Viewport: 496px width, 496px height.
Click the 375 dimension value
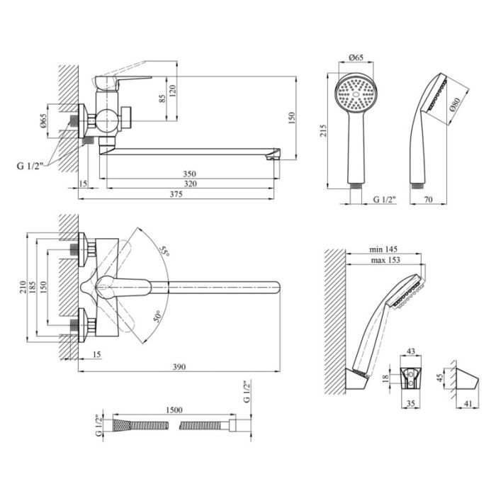tap(176, 194)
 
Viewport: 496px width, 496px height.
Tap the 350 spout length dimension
tap(189, 174)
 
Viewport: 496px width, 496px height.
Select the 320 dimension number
tap(190, 184)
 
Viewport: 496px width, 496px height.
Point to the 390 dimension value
tap(179, 367)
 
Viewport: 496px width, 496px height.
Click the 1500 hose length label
tap(174, 410)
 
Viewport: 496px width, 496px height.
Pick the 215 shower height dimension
tap(323, 130)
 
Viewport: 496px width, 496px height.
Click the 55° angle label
tap(164, 251)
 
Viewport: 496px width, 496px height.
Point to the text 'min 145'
tap(383, 249)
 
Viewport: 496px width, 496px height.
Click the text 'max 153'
tap(385, 260)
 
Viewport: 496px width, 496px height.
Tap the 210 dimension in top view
tap(23, 287)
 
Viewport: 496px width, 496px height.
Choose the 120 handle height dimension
tap(173, 91)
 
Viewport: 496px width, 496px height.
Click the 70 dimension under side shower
tap(428, 199)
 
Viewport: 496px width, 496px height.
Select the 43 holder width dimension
tap(410, 351)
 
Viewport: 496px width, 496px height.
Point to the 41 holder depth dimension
tap(468, 403)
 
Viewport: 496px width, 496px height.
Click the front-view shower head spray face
tap(356, 94)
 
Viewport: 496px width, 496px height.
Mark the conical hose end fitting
tap(121, 424)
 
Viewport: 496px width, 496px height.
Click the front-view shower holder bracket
tap(411, 378)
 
